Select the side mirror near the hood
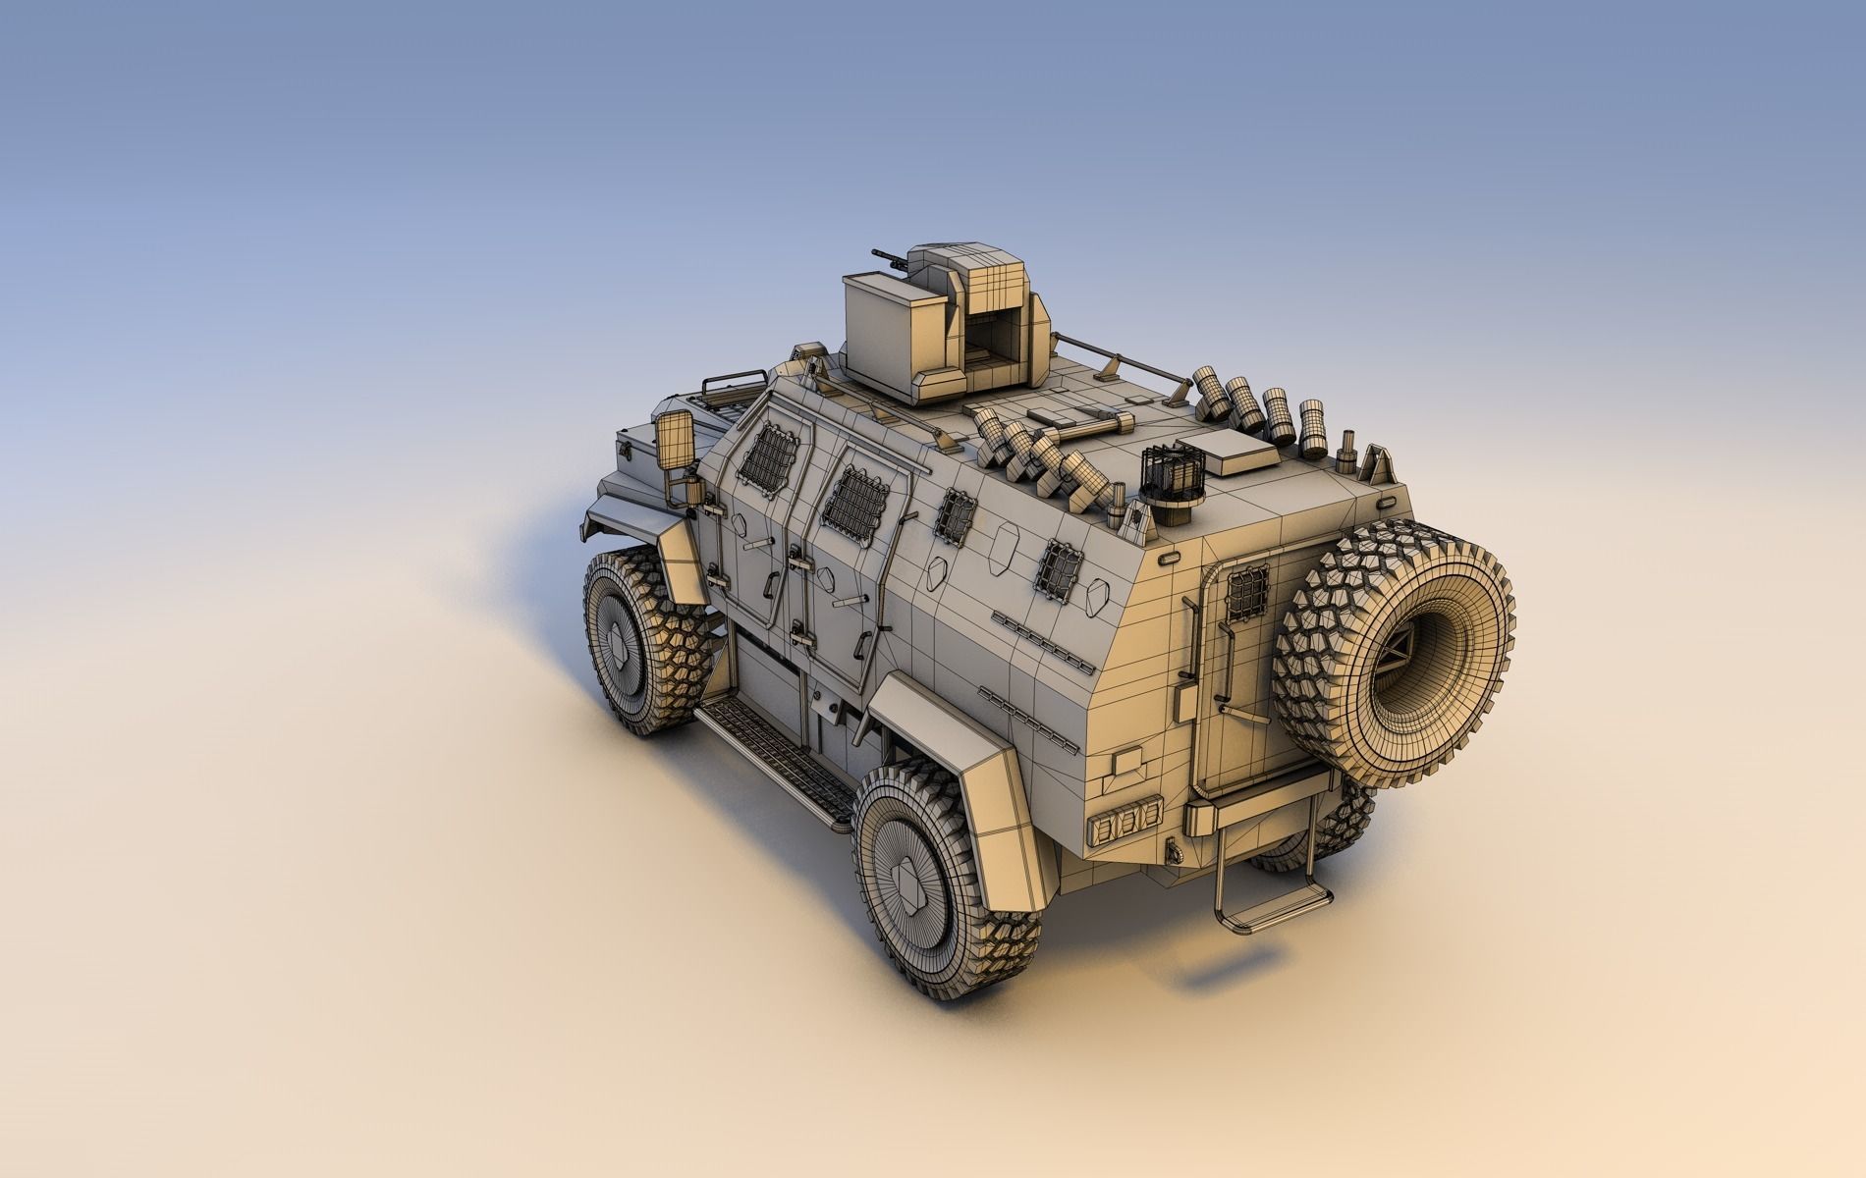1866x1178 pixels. pos(675,440)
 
